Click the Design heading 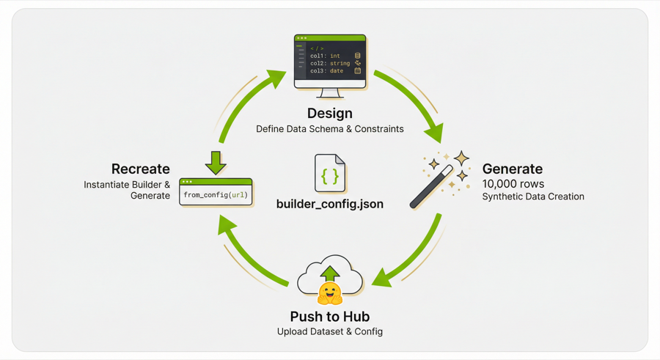[x=329, y=113]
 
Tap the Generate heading [x=512, y=169]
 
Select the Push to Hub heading [x=329, y=317]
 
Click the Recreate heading [x=140, y=169]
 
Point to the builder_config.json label [x=329, y=204]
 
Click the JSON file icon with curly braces [x=329, y=174]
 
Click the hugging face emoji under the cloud [x=330, y=293]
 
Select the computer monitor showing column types [x=330, y=63]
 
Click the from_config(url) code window [x=216, y=192]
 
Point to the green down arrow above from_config [x=216, y=162]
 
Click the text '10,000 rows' [x=513, y=183]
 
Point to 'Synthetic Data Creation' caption [x=533, y=196]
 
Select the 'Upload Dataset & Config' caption [x=329, y=331]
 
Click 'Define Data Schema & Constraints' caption [x=329, y=129]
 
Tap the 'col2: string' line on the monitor [x=330, y=64]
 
